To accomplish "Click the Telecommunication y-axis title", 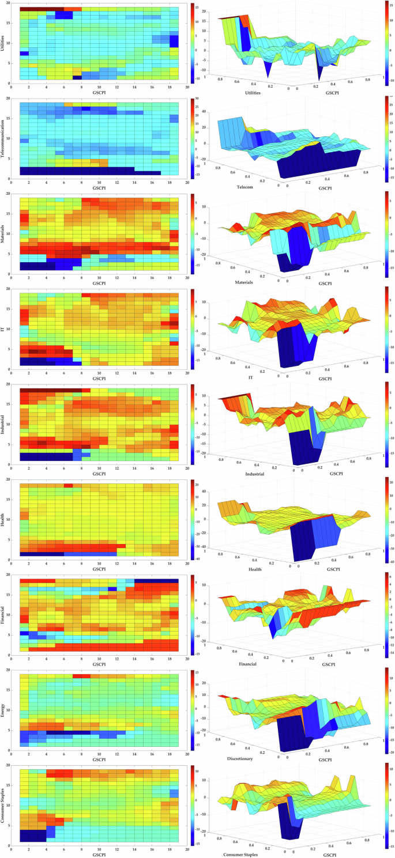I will point(5,138).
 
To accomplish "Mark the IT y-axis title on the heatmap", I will point(5,329).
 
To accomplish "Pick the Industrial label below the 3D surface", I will point(254,474).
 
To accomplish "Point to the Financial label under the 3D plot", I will point(244,664).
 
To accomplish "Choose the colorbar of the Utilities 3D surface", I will point(385,43).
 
